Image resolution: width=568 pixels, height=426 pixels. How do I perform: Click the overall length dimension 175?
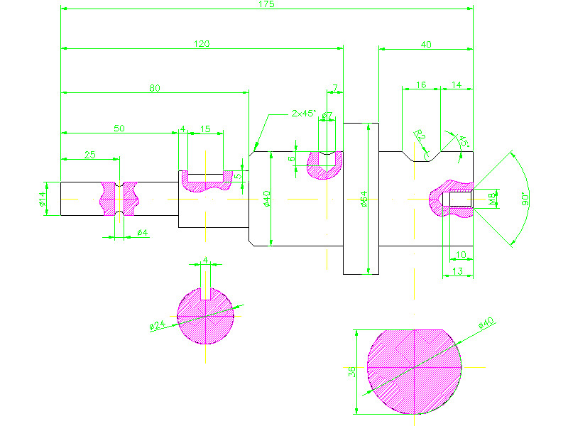click(267, 5)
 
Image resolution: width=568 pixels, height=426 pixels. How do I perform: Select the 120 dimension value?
click(202, 44)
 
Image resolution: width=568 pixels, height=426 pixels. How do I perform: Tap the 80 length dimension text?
click(155, 88)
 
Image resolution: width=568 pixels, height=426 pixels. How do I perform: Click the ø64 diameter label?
click(364, 202)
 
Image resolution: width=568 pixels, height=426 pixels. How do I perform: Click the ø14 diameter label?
click(42, 200)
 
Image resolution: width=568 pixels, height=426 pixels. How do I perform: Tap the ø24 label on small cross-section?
click(157, 326)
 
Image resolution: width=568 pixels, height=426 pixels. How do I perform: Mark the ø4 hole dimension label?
click(141, 232)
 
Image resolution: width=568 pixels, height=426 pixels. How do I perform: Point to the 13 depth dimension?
click(457, 272)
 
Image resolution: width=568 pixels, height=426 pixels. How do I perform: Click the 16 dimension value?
click(421, 84)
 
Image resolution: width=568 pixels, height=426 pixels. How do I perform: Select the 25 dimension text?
click(90, 155)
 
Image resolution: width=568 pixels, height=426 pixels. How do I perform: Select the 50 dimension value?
click(119, 128)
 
